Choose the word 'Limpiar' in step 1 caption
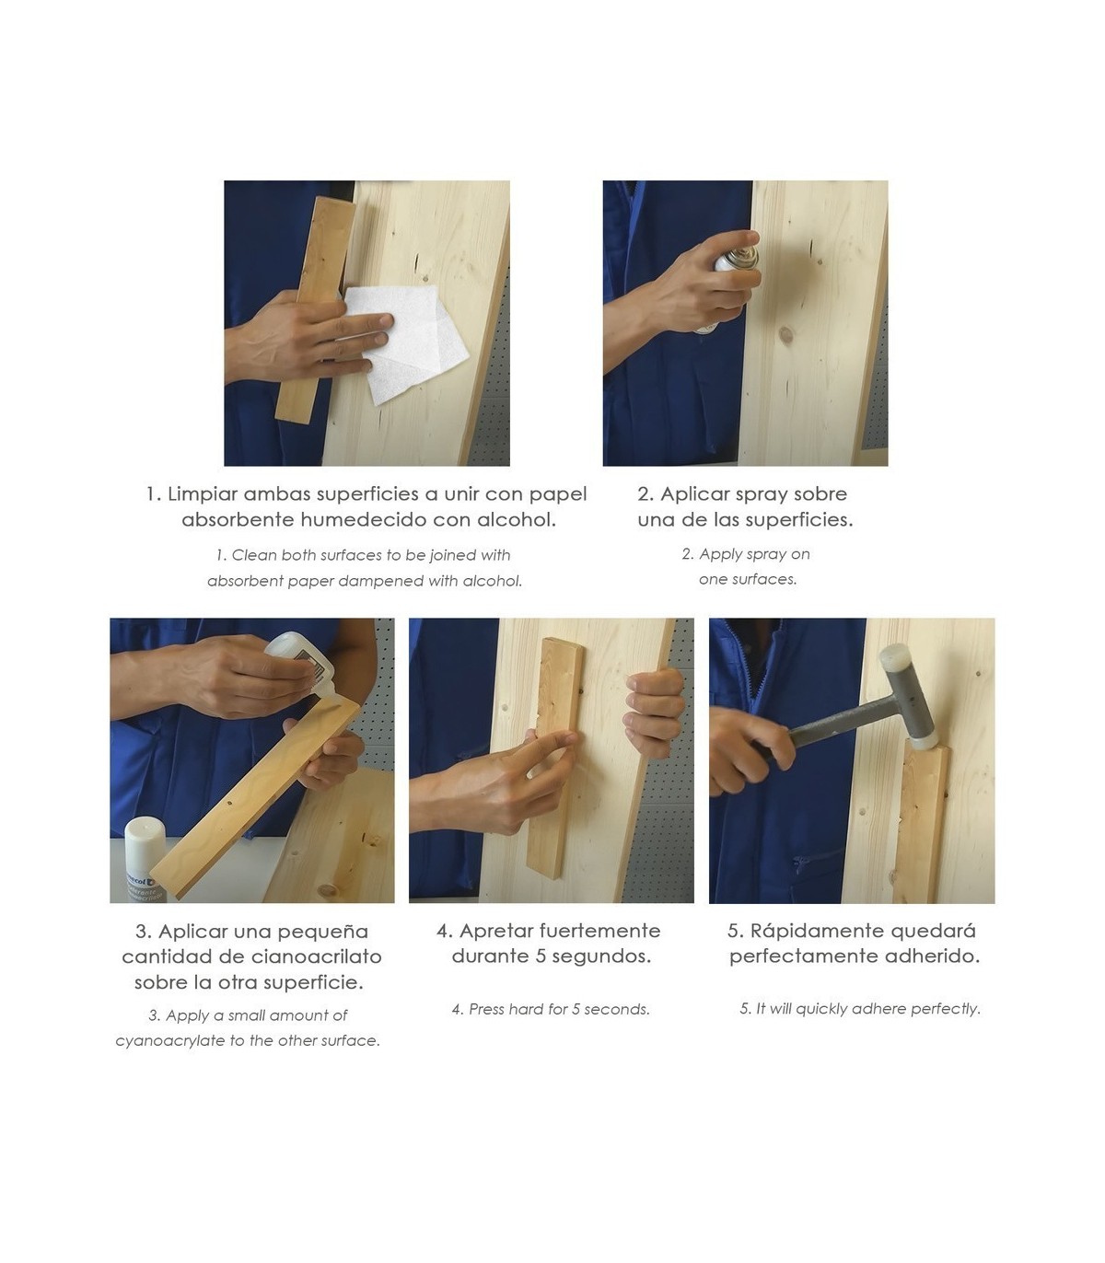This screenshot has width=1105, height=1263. point(202,494)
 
